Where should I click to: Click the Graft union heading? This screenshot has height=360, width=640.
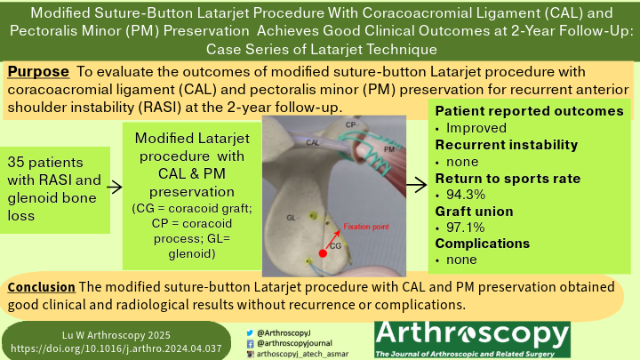coord(476,211)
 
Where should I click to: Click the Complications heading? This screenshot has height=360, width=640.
coord(482,244)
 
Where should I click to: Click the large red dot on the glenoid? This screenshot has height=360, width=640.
coord(322,253)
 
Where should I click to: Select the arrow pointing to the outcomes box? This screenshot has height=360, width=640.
coord(414,186)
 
